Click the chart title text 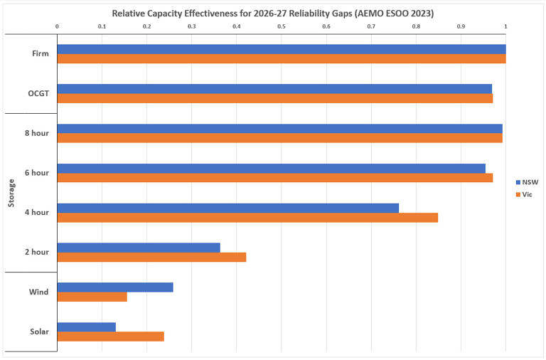(273, 13)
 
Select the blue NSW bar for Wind (114, 287)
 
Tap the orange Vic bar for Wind (92, 297)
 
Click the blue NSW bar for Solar (86, 327)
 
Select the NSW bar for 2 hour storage (138, 248)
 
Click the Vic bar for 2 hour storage (151, 257)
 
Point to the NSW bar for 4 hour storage (227, 208)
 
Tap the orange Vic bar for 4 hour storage (247, 217)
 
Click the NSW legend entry (526, 182)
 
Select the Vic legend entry (524, 194)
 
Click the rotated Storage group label (11, 193)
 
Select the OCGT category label (38, 93)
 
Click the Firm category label (40, 53)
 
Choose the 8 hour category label (37, 133)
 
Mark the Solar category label (39, 332)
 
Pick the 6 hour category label (37, 173)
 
